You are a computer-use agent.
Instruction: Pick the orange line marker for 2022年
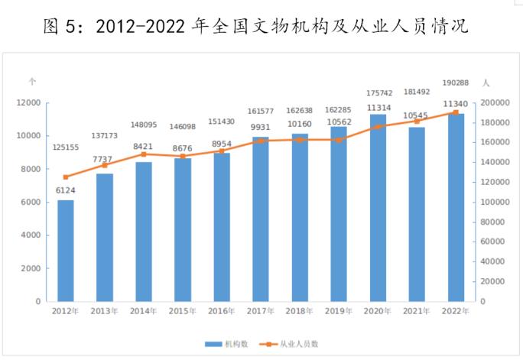coord(456,112)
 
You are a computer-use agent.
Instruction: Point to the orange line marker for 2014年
coord(144,154)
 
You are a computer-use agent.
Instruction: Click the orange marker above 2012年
coord(66,177)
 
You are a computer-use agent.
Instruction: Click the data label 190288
coord(456,83)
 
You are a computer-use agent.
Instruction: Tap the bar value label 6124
coord(66,190)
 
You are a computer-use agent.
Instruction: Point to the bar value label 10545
coord(417,117)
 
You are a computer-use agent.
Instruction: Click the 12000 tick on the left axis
coord(29,102)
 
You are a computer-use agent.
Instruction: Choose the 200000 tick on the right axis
coord(495,102)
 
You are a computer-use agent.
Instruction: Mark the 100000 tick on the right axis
coord(495,202)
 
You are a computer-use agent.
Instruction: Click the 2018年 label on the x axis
coord(300,311)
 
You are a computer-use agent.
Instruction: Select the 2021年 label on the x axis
coord(417,311)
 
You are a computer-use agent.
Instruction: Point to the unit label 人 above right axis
coord(486,81)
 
